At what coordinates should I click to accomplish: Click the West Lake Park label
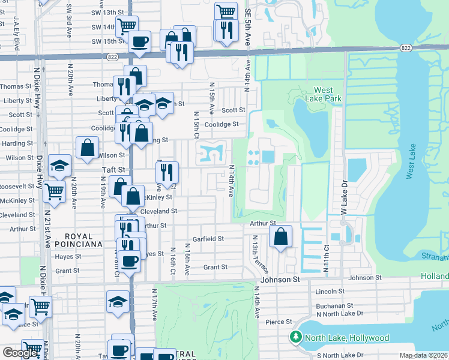pyautogui.click(x=323, y=94)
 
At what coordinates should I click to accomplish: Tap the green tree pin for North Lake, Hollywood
pyautogui.click(x=295, y=338)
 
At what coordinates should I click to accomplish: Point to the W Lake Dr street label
pyautogui.click(x=345, y=199)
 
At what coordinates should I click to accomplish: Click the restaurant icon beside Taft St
pyautogui.click(x=166, y=172)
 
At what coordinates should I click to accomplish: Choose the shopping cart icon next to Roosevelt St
pyautogui.click(x=54, y=192)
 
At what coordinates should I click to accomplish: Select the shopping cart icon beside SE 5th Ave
pyautogui.click(x=226, y=12)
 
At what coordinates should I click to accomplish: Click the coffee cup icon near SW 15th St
pyautogui.click(x=140, y=41)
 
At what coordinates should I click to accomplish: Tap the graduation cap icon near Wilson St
pyautogui.click(x=59, y=166)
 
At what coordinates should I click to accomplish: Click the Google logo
pyautogui.click(x=19, y=353)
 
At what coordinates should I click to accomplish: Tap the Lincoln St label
pyautogui.click(x=330, y=292)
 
